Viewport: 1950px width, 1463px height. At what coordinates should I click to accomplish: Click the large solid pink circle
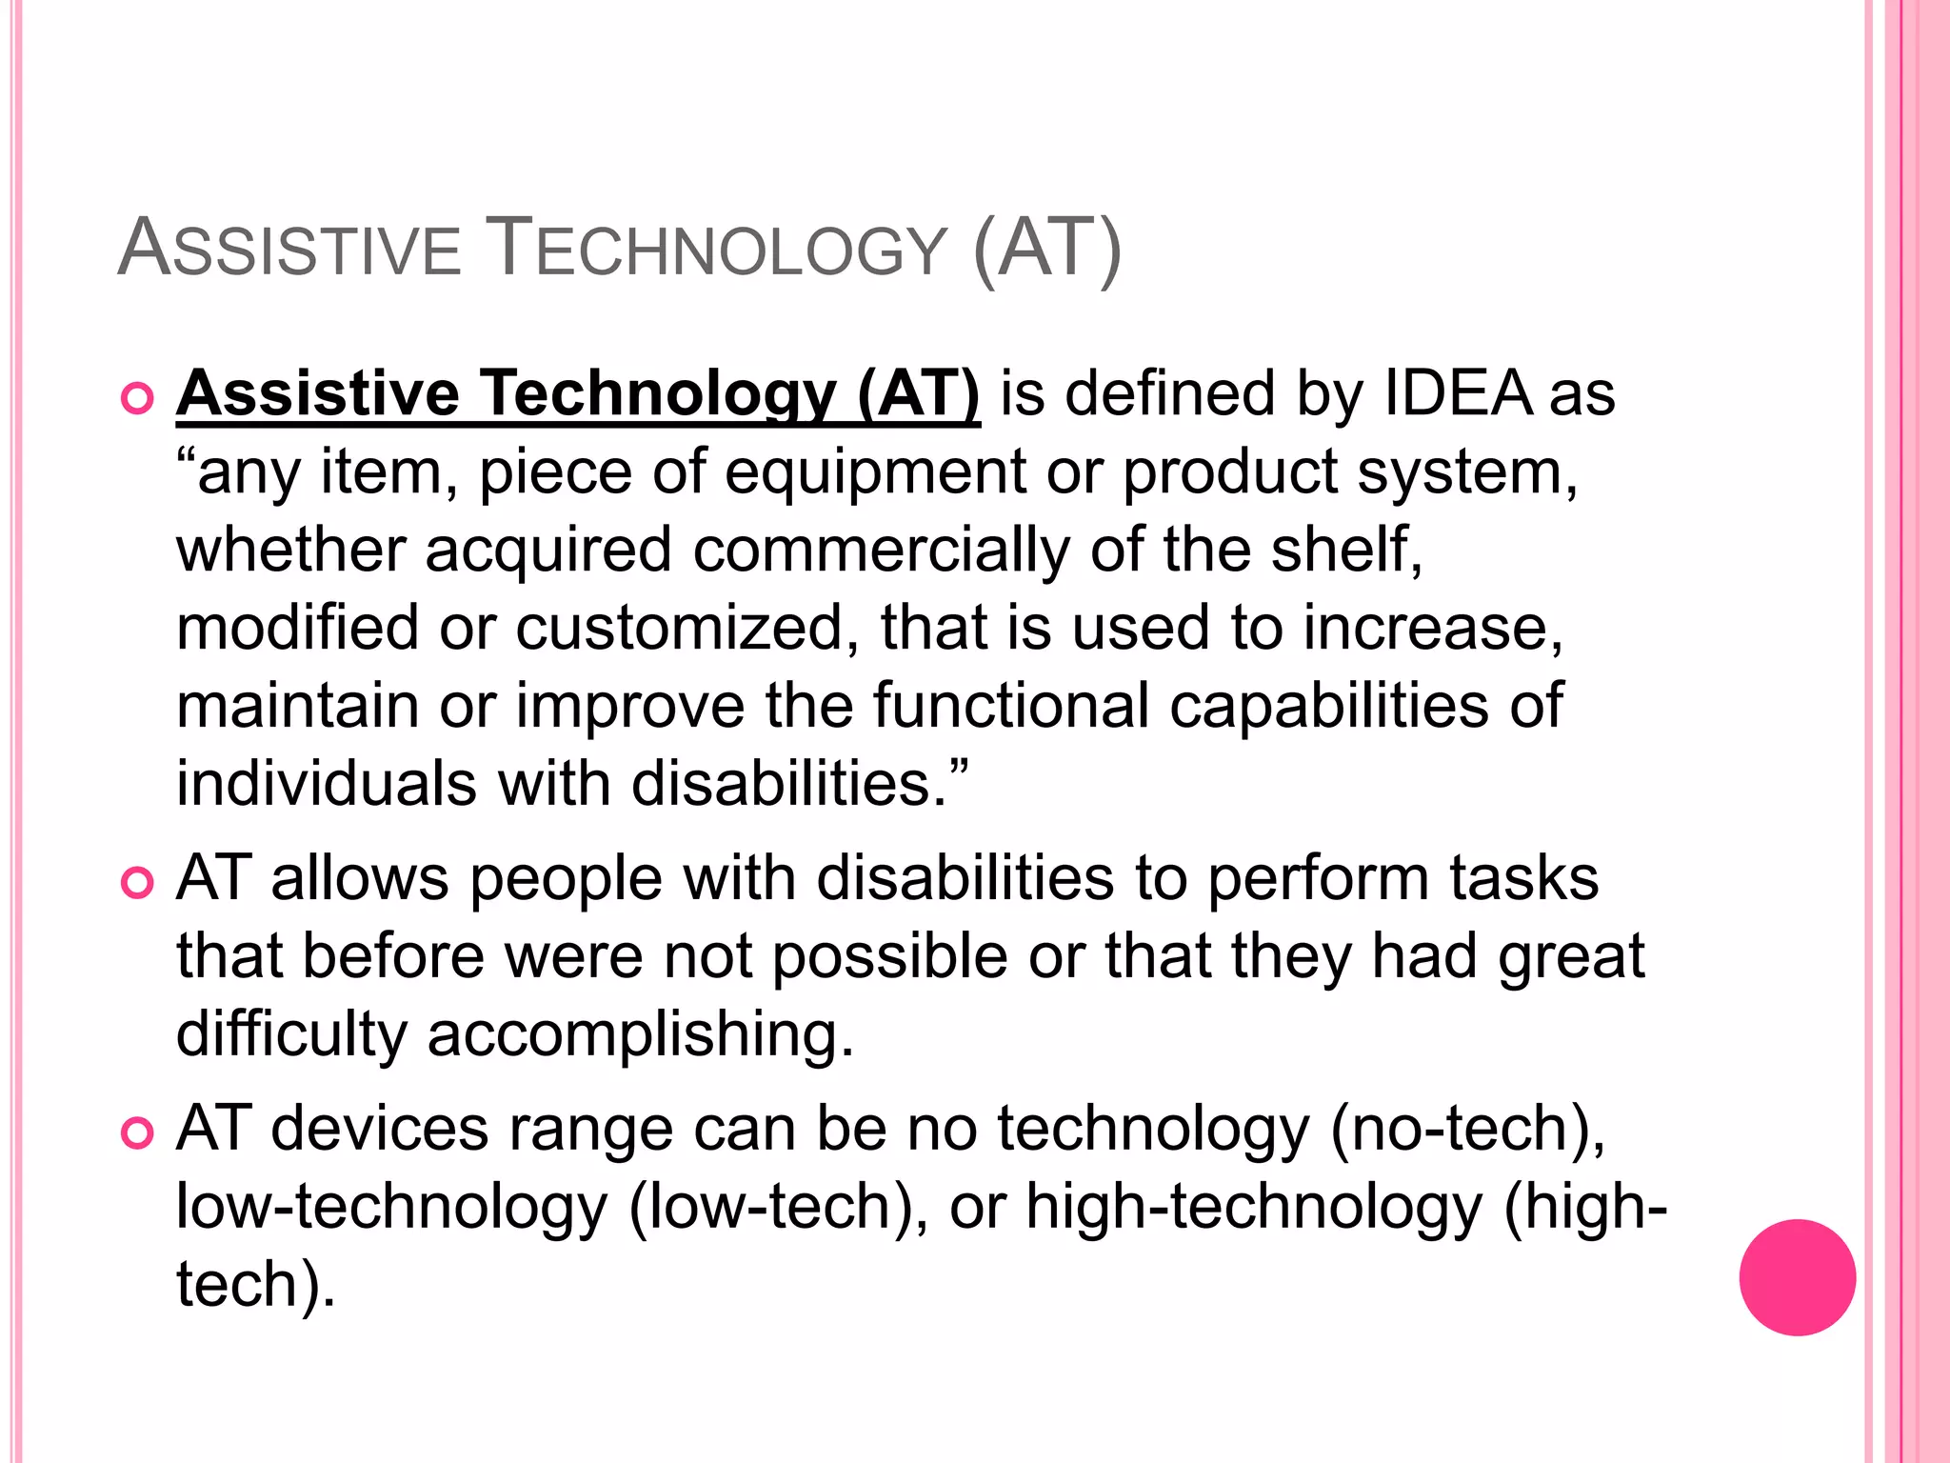pyautogui.click(x=1797, y=1277)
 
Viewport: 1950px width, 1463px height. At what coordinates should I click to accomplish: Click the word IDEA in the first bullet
pyautogui.click(x=1458, y=393)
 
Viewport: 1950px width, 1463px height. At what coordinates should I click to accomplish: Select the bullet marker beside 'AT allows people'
pyautogui.click(x=138, y=883)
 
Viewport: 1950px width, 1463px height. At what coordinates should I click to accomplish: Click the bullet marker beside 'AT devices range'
pyautogui.click(x=138, y=1133)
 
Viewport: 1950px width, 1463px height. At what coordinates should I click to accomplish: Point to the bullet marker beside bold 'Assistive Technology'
pyautogui.click(x=138, y=399)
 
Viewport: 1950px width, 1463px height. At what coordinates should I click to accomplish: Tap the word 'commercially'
pyautogui.click(x=881, y=551)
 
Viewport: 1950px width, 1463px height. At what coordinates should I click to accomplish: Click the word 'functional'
pyautogui.click(x=1010, y=706)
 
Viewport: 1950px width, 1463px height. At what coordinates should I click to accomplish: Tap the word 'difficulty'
pyautogui.click(x=291, y=1035)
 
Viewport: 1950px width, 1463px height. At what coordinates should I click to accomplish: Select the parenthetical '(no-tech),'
pyautogui.click(x=1467, y=1130)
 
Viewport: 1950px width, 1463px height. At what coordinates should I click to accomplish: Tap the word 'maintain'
pyautogui.click(x=297, y=706)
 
